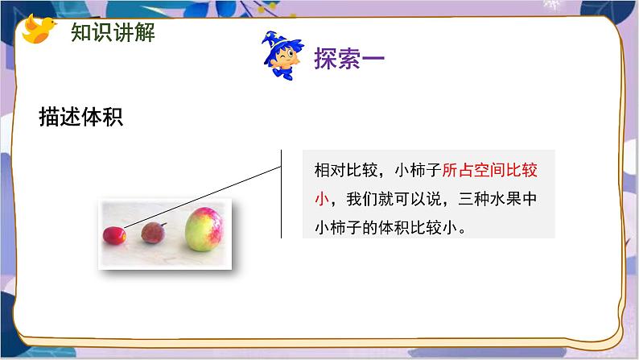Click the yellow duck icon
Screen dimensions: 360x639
coord(39,30)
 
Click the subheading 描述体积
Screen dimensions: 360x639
coord(80,117)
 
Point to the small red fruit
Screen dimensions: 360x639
coord(113,234)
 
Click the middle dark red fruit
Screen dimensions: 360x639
coord(153,233)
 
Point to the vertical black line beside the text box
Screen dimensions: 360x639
coord(281,193)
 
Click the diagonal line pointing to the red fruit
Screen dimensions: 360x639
coord(201,193)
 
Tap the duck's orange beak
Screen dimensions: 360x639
coord(55,23)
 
